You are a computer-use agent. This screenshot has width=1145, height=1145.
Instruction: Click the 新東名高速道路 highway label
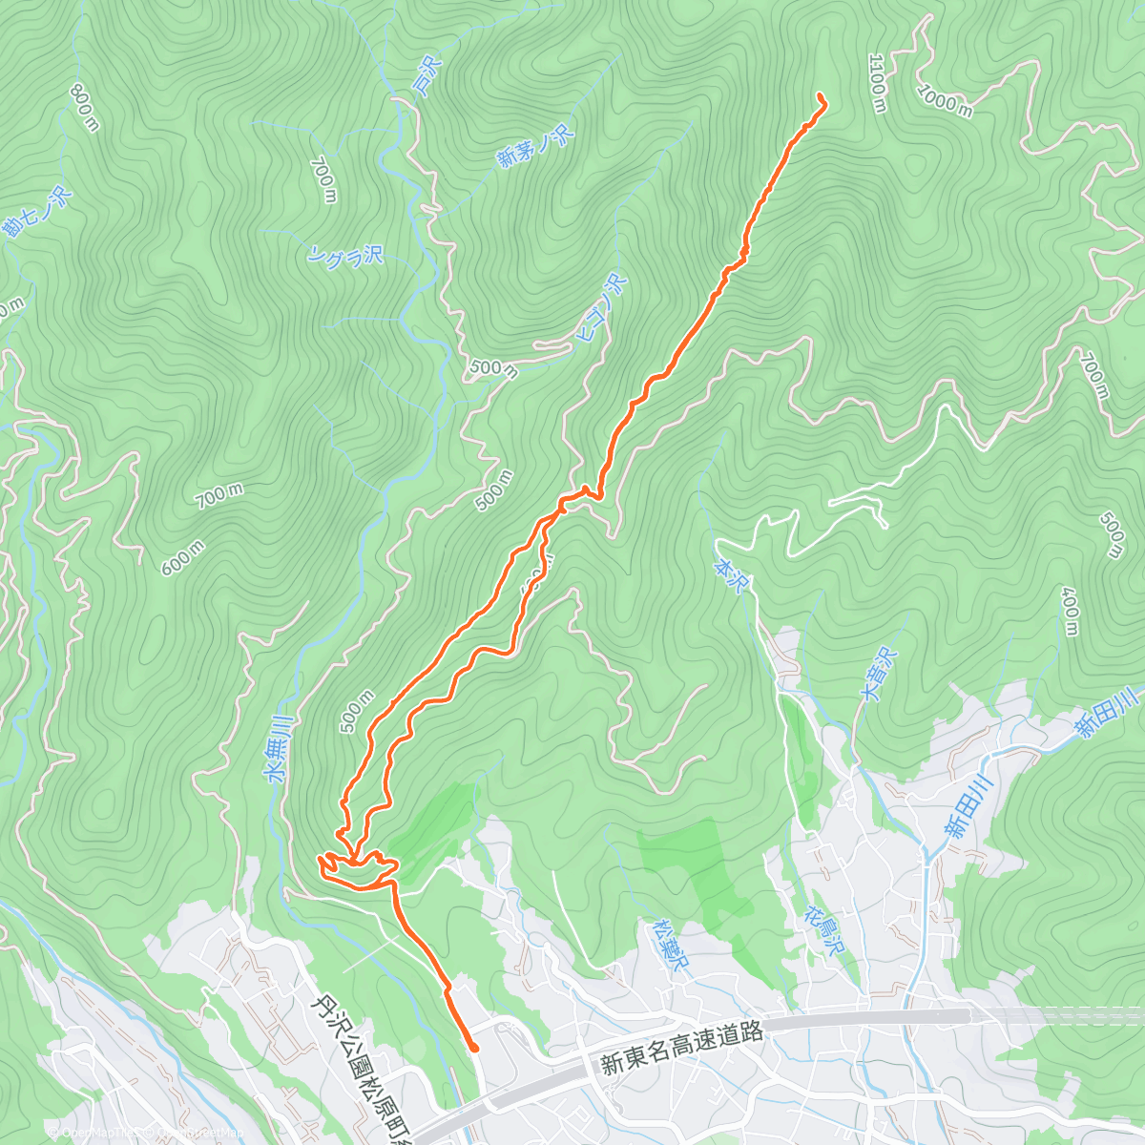(682, 1047)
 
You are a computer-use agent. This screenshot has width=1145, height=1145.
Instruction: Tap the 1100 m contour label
(877, 82)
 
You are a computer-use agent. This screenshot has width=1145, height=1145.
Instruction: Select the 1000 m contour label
(945, 99)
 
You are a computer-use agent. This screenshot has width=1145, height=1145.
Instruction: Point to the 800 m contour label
(84, 107)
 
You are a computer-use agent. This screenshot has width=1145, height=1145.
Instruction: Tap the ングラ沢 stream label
(345, 255)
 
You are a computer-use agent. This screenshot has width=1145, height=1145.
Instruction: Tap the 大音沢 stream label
(879, 675)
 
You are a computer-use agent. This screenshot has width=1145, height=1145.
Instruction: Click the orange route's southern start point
(473, 1048)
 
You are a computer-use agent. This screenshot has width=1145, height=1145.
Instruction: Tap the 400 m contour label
(1071, 611)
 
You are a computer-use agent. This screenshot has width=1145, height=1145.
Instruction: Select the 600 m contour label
(182, 557)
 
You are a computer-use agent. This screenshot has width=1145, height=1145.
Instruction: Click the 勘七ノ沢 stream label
(37, 213)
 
